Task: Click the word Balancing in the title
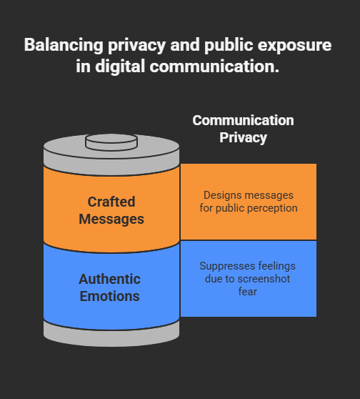click(64, 45)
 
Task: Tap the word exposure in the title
click(294, 46)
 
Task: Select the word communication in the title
click(214, 66)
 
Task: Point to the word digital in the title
click(120, 67)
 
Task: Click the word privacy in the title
click(136, 46)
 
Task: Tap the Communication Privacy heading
click(243, 129)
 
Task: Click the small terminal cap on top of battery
click(111, 142)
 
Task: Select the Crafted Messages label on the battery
click(111, 210)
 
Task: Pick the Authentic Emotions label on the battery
click(109, 287)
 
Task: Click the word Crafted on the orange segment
click(111, 202)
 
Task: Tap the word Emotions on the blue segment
click(109, 296)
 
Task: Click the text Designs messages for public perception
click(249, 202)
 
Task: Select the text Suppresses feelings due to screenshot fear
click(248, 279)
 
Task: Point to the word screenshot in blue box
click(264, 279)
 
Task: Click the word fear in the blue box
click(248, 292)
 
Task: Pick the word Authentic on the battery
click(109, 279)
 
